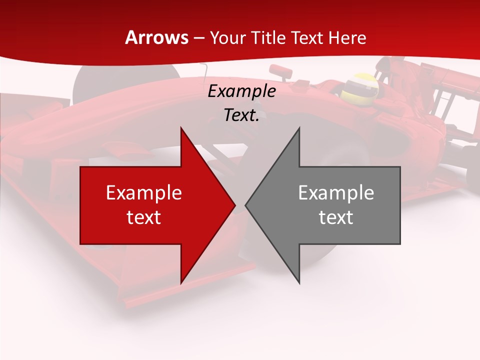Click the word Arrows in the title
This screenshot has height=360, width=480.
pyautogui.click(x=156, y=37)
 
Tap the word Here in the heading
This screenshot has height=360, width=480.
pyautogui.click(x=346, y=37)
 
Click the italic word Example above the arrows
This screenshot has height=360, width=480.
pyautogui.click(x=241, y=91)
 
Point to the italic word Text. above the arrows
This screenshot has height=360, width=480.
pyautogui.click(x=241, y=115)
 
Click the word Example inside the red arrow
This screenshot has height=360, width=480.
pyautogui.click(x=143, y=192)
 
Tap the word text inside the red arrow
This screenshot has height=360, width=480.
pyautogui.click(x=143, y=217)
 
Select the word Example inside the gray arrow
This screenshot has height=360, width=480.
pyautogui.click(x=336, y=192)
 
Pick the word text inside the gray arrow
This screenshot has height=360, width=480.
pyautogui.click(x=336, y=217)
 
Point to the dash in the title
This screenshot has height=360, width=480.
pyautogui.click(x=198, y=38)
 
